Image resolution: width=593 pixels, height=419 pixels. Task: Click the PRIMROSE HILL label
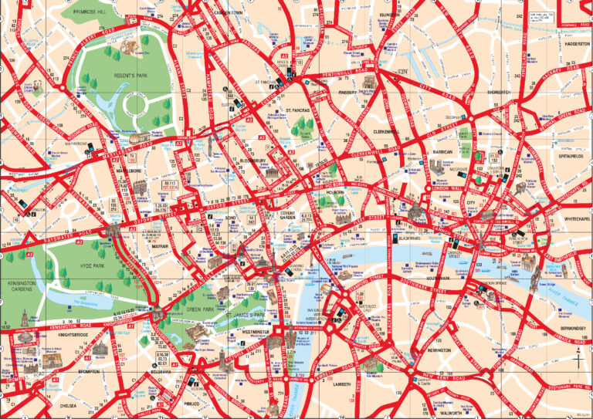pyautogui.click(x=91, y=13)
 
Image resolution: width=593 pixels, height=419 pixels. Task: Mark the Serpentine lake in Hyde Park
pyautogui.click(x=77, y=294)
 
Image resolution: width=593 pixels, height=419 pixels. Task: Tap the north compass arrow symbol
pyautogui.click(x=578, y=357)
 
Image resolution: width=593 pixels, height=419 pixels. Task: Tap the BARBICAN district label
pyautogui.click(x=442, y=153)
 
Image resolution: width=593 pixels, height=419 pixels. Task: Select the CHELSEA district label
pyautogui.click(x=71, y=403)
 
